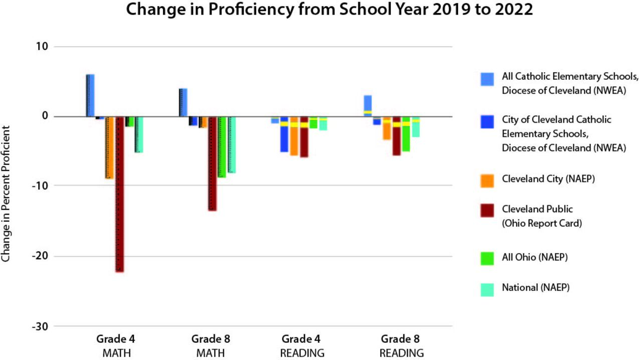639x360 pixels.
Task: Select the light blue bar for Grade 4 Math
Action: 90,95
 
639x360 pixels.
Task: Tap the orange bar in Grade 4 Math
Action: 109,147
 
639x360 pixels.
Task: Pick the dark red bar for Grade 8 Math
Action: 212,163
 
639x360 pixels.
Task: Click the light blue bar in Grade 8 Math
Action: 183,102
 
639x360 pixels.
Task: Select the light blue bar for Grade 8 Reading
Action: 367,106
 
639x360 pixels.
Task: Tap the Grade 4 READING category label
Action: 302,345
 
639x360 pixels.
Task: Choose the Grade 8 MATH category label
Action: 210,345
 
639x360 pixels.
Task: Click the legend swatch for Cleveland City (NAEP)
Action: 487,181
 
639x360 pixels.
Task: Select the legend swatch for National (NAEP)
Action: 487,289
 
